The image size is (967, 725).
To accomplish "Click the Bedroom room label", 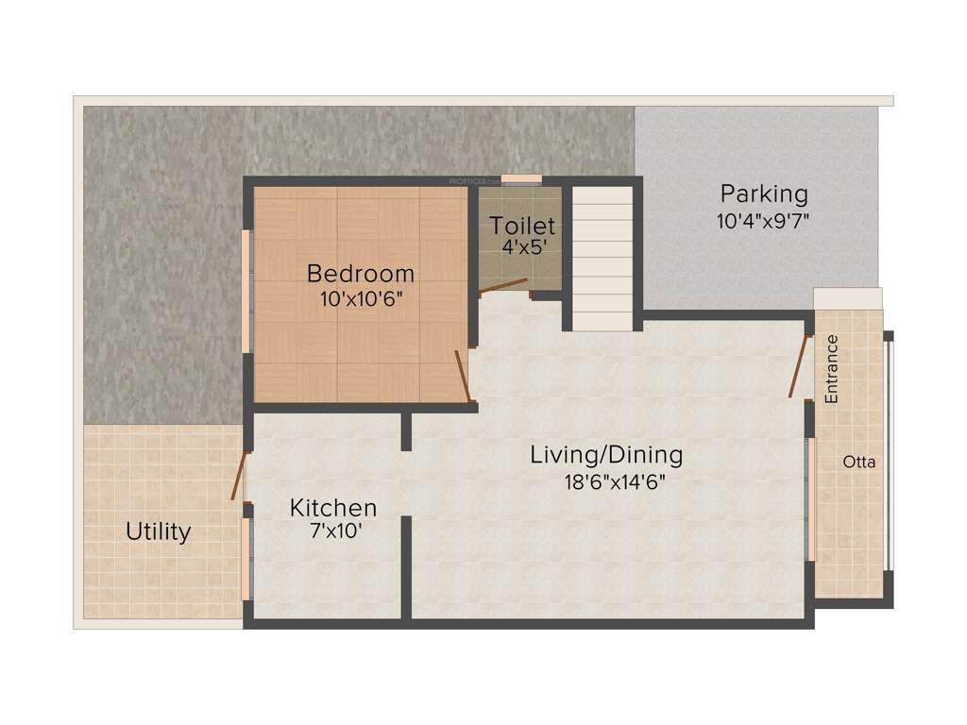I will point(361,274).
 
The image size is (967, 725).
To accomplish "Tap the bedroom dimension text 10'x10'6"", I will point(361,296).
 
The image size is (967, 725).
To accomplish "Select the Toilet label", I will point(521,227).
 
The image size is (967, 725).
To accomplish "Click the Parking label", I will point(764,194).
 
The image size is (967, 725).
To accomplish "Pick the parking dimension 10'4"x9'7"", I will point(764,221).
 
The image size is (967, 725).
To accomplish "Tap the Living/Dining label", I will point(605,455).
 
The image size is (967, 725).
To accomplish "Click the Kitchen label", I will point(332,508).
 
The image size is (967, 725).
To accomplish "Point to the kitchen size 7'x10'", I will point(332,530).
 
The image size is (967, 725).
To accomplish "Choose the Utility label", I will point(159,532).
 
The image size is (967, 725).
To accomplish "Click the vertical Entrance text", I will point(832,370).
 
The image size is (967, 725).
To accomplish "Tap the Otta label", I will point(859,463).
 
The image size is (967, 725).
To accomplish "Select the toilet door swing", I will point(502,285).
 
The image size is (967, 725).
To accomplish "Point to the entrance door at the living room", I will point(799,365).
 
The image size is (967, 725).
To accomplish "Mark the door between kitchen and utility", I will point(239,476).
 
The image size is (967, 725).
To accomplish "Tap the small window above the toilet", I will point(520,179).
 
